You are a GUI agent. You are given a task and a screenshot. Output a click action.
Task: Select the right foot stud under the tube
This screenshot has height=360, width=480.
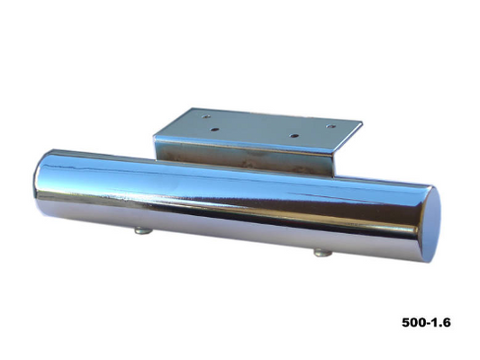point(322,253)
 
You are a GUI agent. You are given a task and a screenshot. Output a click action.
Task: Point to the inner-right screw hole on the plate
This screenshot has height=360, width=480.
point(294,134)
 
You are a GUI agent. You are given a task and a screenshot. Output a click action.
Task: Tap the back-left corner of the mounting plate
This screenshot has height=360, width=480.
point(186,110)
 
